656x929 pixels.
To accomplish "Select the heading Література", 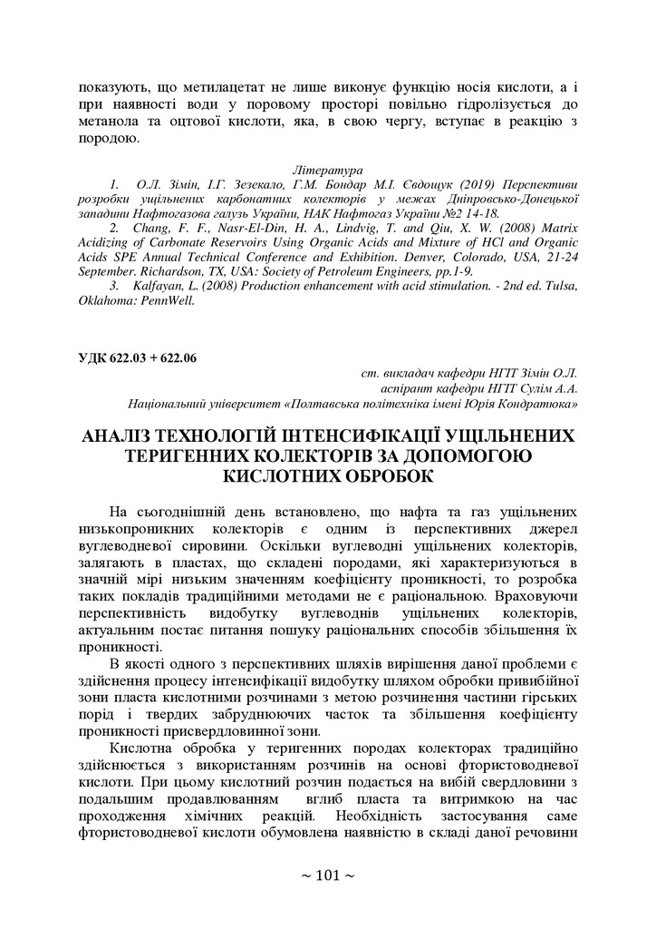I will pyautogui.click(x=327, y=171).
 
